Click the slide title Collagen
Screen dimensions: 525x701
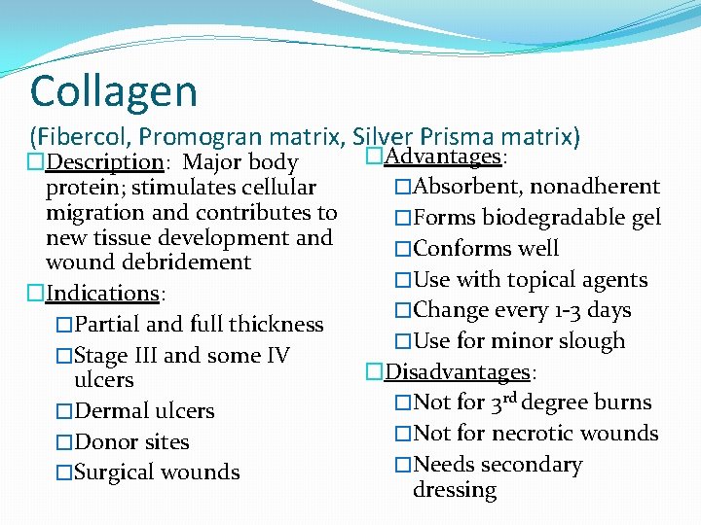click(114, 91)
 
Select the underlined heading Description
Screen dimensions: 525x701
click(105, 161)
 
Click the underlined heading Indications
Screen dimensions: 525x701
click(102, 293)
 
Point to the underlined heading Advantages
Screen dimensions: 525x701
click(443, 157)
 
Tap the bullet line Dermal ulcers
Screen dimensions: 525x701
click(143, 410)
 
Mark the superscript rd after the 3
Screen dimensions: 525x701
click(508, 397)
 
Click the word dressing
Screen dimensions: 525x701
click(455, 490)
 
